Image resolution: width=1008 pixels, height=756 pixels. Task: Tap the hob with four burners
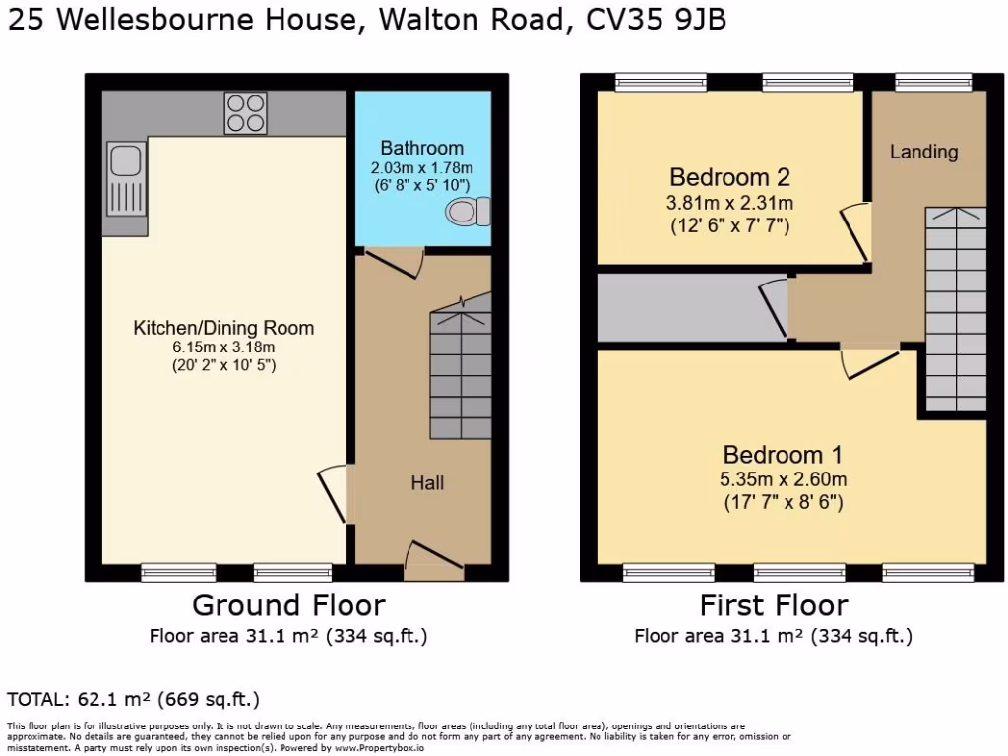(x=245, y=112)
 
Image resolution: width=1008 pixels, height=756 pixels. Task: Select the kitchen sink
(x=127, y=177)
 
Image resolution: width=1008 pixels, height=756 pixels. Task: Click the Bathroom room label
(x=421, y=149)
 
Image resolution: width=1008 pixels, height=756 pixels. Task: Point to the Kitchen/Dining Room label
(x=223, y=328)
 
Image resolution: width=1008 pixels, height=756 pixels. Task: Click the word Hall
(x=427, y=483)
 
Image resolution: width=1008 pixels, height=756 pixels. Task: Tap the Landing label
(x=923, y=152)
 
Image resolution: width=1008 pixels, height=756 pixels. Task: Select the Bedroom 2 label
(x=729, y=178)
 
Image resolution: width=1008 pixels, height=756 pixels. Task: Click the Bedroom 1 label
(x=783, y=455)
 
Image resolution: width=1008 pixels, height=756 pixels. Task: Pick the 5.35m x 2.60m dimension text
(x=783, y=480)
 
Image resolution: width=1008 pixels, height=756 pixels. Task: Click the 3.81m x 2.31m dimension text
(x=729, y=204)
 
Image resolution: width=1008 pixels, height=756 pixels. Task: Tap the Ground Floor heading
(x=288, y=604)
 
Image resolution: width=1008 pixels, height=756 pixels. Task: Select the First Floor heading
(x=773, y=604)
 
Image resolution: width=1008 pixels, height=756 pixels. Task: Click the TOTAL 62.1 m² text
(x=133, y=700)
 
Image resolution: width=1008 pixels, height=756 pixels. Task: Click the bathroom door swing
(x=393, y=261)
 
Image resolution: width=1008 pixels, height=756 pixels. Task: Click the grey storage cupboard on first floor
(x=679, y=307)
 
